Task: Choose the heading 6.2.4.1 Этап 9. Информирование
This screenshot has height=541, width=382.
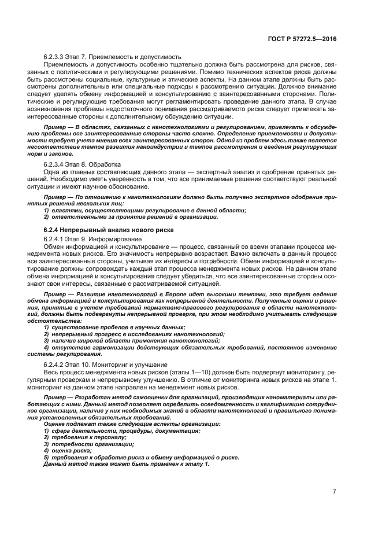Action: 92,239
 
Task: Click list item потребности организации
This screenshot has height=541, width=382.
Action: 87,444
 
